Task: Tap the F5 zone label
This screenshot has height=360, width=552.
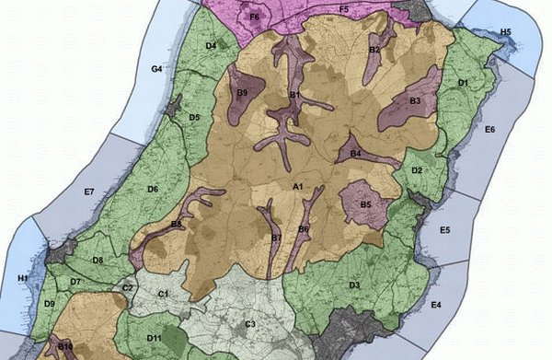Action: [343, 8]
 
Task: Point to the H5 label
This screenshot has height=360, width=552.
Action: [505, 32]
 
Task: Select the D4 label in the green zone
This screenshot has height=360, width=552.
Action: [211, 45]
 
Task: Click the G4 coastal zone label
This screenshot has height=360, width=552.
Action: [156, 69]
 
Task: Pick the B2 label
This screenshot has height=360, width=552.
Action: [374, 49]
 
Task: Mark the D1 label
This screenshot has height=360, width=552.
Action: [464, 83]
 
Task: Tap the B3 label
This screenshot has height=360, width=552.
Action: [415, 99]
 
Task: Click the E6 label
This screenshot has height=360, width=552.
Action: [489, 130]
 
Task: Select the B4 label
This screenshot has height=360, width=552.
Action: [354, 154]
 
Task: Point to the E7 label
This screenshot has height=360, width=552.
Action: [89, 192]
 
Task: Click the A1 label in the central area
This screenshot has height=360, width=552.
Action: [297, 187]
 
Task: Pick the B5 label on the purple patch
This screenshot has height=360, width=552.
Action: [365, 203]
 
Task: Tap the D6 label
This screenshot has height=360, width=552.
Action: [153, 189]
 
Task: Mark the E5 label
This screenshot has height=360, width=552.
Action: [444, 230]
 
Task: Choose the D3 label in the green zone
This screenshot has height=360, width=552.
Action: [353, 285]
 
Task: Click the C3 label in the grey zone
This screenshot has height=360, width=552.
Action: [249, 324]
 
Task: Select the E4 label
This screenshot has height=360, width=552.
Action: [436, 304]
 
